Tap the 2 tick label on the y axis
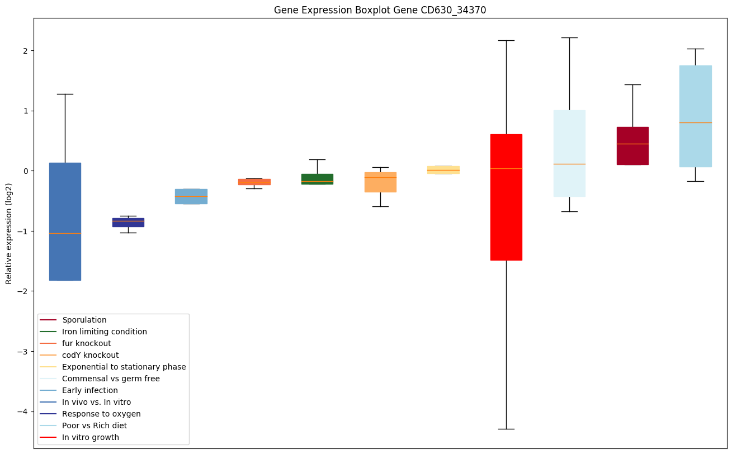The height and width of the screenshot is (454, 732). [25, 50]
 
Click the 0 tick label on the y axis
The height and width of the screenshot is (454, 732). [25, 171]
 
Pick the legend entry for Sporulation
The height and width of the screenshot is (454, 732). [84, 320]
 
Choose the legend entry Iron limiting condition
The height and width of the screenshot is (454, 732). [104, 332]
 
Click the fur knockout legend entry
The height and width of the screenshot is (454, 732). [86, 343]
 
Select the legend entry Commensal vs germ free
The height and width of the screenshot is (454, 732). [111, 379]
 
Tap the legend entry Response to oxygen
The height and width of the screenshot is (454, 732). [101, 414]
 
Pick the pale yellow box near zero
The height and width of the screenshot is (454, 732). [443, 169]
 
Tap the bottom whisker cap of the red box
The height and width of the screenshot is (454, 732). [506, 429]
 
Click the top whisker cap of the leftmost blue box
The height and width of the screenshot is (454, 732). [65, 94]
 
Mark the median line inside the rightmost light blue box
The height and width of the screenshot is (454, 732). [695, 122]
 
